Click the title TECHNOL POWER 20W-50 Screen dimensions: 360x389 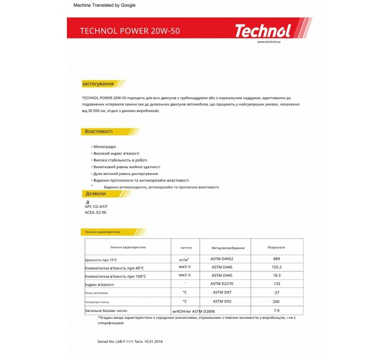click(x=130, y=31)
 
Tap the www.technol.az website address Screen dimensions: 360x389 click(x=268, y=42)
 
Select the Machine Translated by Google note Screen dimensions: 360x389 click(x=105, y=5)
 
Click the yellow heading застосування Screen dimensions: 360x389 click(x=98, y=84)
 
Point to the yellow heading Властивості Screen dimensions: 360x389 click(x=99, y=131)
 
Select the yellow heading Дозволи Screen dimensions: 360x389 click(x=95, y=194)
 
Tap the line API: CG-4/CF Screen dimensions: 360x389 click(x=96, y=206)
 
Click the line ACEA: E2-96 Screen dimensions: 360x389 click(x=96, y=213)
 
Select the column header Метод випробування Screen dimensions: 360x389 click(x=228, y=248)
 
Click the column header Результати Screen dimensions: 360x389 click(x=276, y=247)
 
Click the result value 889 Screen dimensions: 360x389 click(x=276, y=259)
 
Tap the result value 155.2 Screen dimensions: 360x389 click(x=277, y=267)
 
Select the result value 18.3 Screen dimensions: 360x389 click(x=277, y=275)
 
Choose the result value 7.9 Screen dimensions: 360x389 click(x=277, y=310)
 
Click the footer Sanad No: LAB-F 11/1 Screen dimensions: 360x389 click(x=114, y=341)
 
